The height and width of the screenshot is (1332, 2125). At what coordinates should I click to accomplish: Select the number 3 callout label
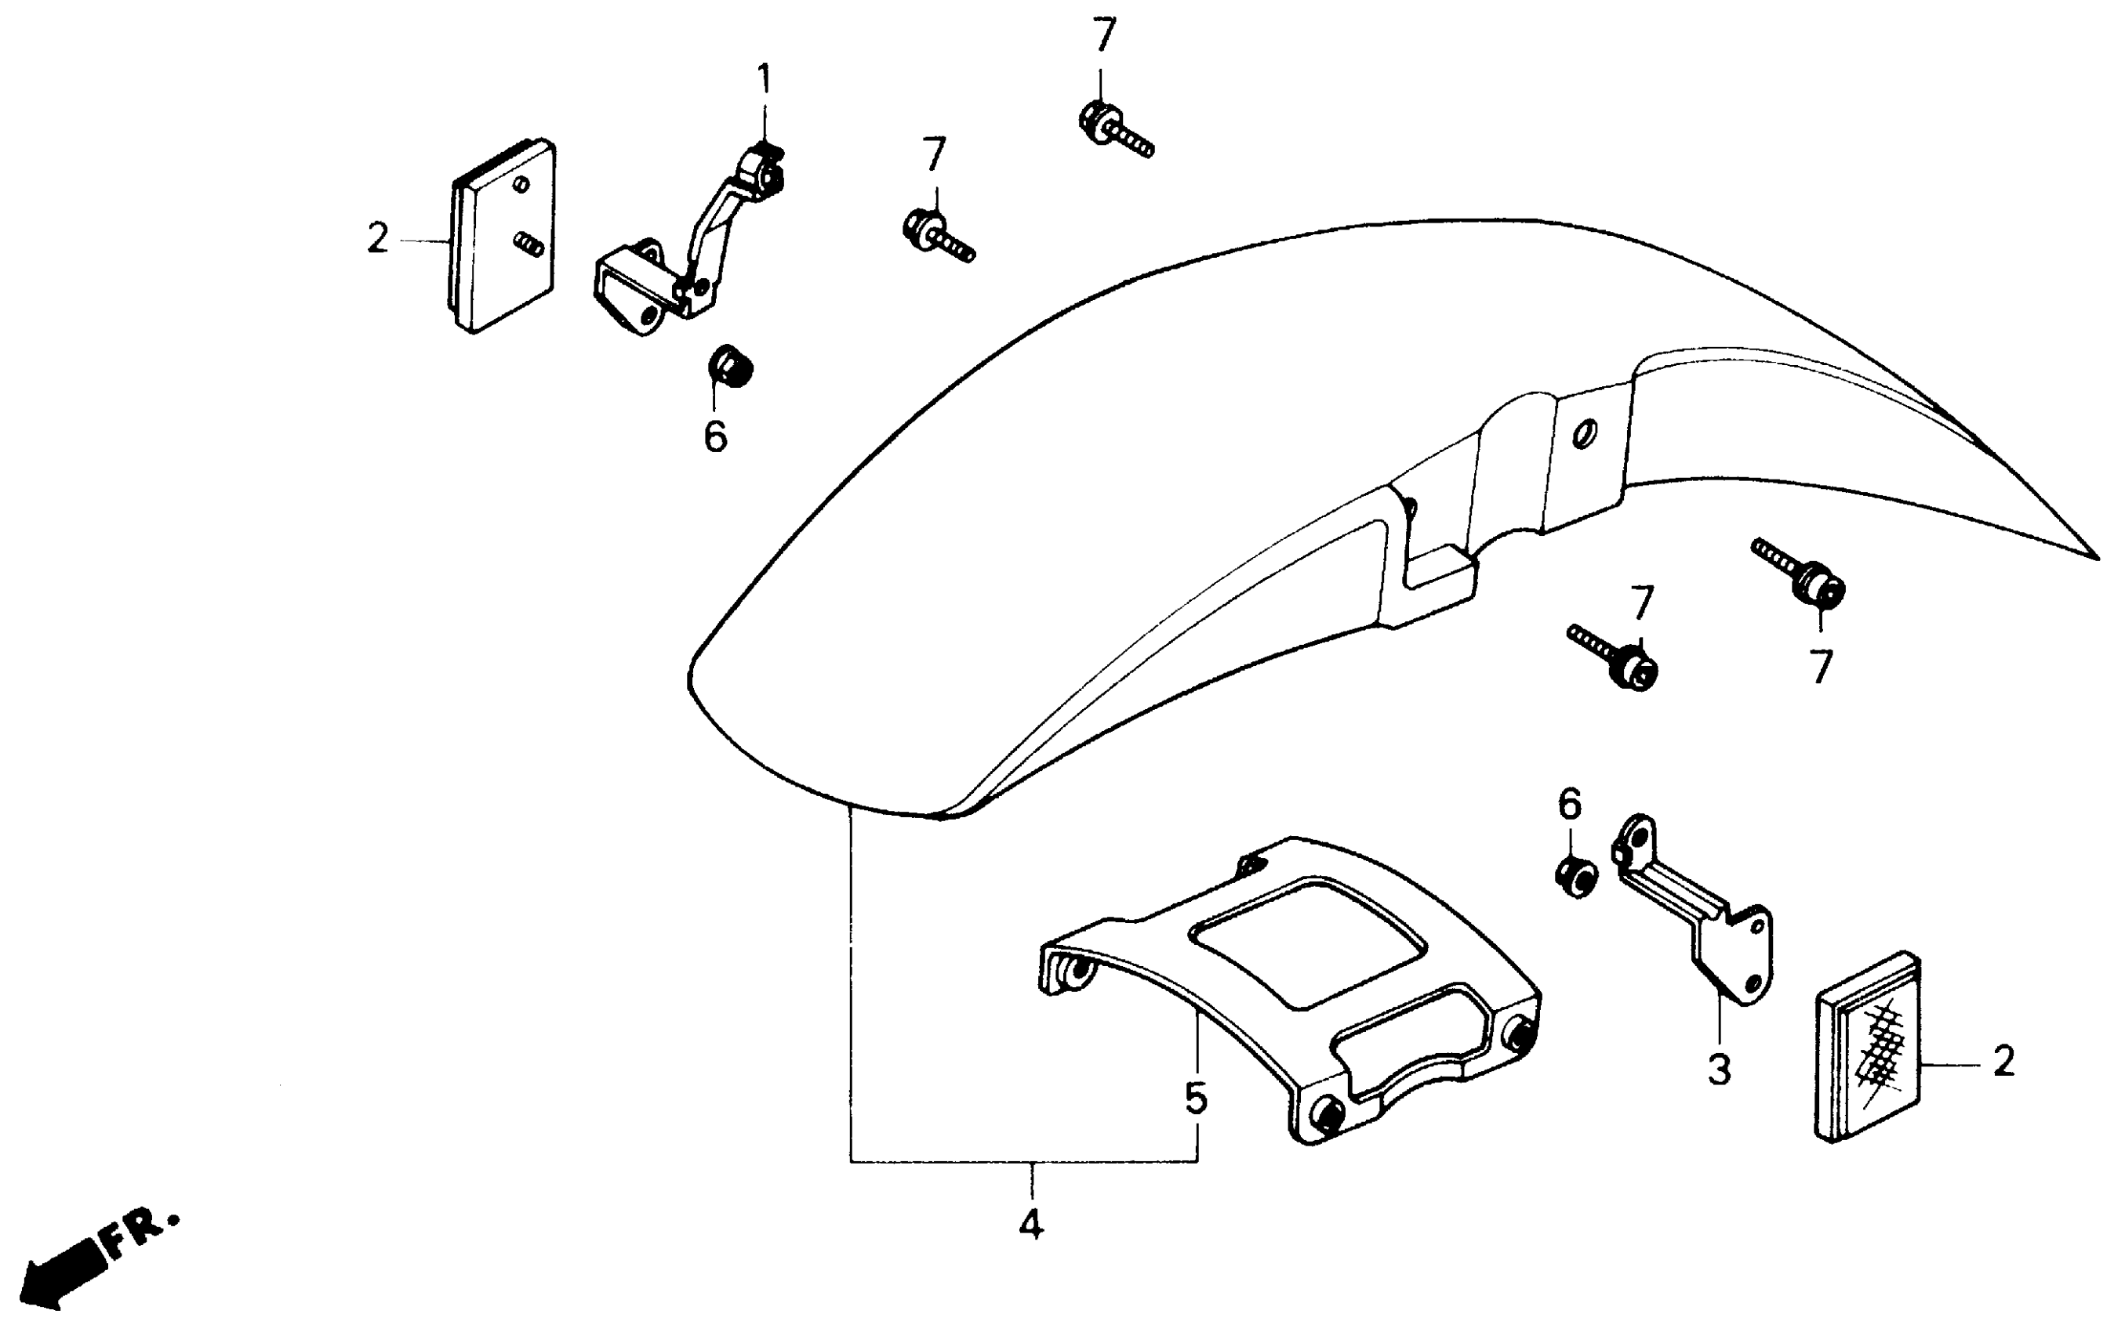pos(1719,1070)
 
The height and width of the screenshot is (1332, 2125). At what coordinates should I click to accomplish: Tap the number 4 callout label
pos(1030,1225)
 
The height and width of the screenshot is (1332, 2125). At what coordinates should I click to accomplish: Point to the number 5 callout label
pos(1195,1099)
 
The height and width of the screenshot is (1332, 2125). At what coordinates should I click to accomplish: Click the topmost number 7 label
pos(1103,35)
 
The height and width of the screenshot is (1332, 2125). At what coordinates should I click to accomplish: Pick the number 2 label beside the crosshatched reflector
pos(2003,1062)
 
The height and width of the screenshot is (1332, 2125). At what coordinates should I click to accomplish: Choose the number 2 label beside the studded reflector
pos(377,238)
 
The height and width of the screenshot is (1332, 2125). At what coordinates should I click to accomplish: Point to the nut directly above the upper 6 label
pos(729,366)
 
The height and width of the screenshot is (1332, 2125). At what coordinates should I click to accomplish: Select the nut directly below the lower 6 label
pos(1575,876)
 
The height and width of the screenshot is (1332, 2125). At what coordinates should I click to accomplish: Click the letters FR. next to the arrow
pos(142,1234)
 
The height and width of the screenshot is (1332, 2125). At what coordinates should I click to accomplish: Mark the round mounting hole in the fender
pos(1584,433)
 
